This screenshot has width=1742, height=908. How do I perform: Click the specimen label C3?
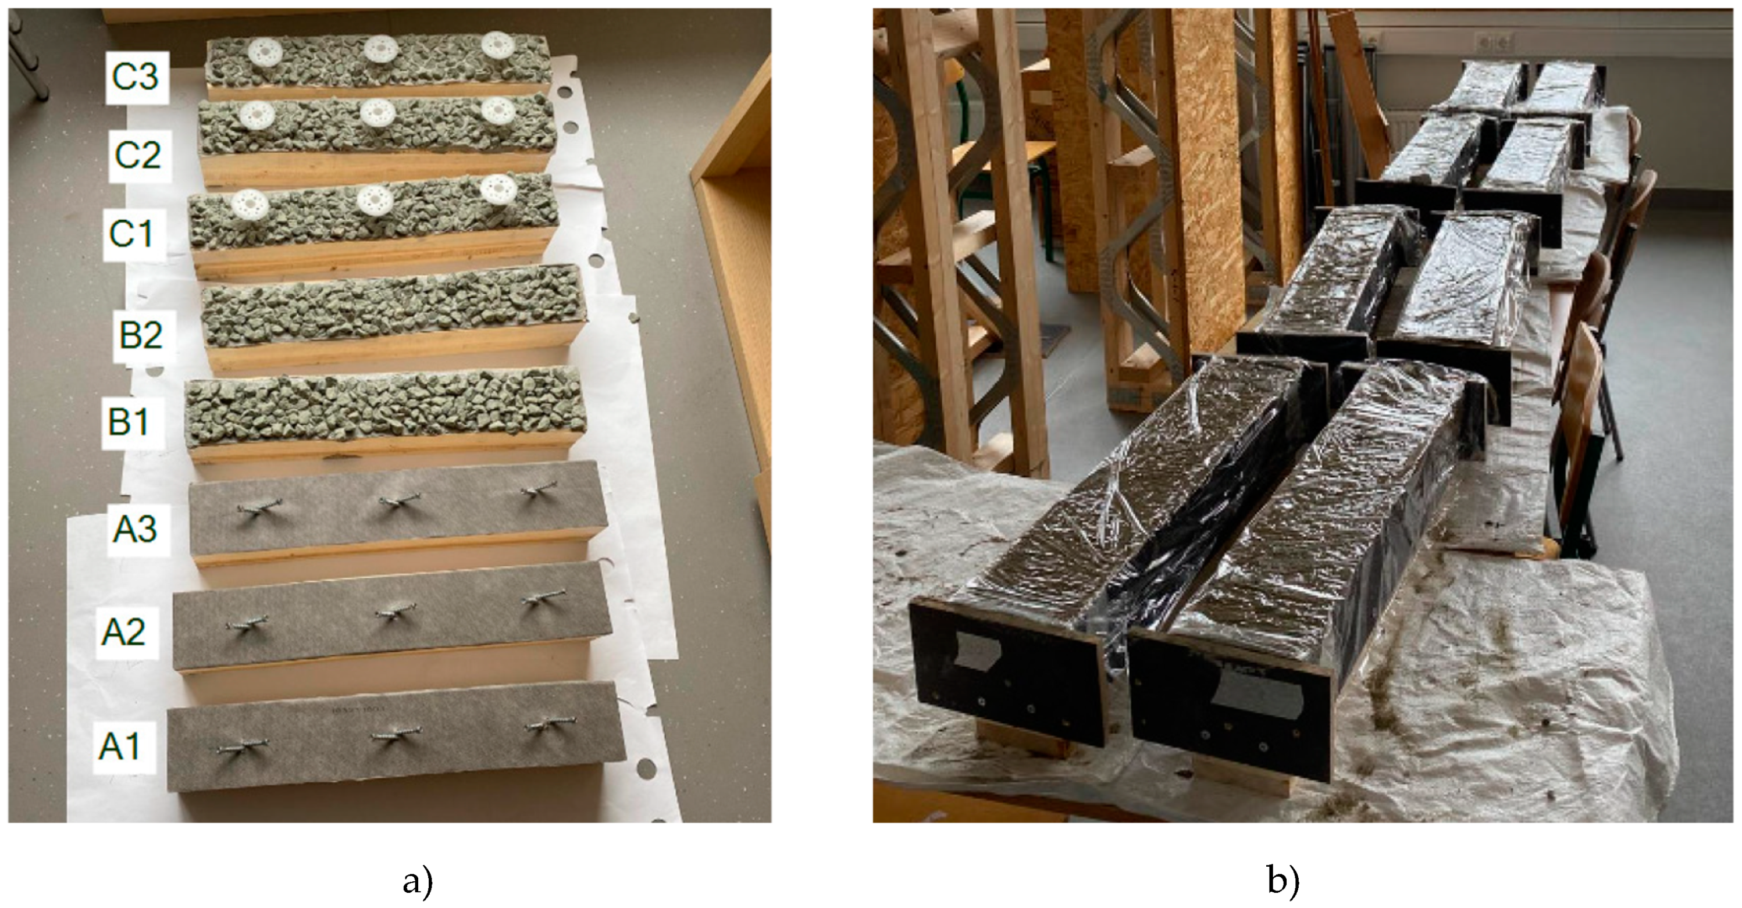[136, 76]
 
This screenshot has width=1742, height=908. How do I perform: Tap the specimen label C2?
[138, 155]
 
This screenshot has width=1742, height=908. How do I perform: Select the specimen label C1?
[131, 234]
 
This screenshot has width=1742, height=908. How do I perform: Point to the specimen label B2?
[141, 335]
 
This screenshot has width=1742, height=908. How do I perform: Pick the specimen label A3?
[134, 529]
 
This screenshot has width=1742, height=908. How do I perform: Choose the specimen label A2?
[123, 631]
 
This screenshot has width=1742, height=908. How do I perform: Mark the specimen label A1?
[120, 746]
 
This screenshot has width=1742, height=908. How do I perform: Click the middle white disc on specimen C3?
[381, 49]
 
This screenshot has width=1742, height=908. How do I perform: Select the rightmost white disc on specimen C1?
[499, 188]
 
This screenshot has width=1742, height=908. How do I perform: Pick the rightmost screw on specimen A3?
[540, 489]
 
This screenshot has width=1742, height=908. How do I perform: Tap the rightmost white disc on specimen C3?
[498, 45]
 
